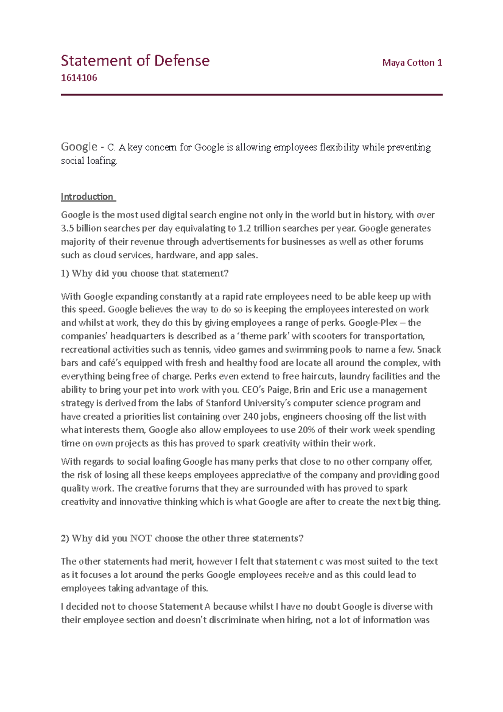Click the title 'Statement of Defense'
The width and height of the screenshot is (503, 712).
[135, 61]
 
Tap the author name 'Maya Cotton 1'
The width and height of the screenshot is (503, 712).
[412, 63]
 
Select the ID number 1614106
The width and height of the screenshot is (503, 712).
[79, 78]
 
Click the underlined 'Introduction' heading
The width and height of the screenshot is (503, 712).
[87, 197]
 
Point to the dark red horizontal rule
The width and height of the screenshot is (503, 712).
[251, 95]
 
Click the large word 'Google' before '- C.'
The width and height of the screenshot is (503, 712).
[79, 147]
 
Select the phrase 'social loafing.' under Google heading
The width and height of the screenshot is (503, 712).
[89, 161]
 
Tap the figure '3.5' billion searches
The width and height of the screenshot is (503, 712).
[67, 229]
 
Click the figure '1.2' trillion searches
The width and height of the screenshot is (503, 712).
[244, 229]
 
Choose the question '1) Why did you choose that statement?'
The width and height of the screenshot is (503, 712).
[145, 273]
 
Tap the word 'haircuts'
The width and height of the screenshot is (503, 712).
[319, 377]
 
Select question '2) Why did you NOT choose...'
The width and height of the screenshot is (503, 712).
[182, 538]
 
